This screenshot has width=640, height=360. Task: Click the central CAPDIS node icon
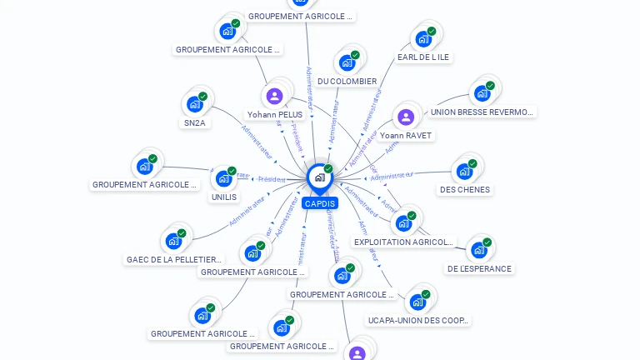[x=319, y=177]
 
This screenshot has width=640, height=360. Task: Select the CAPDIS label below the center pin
[x=319, y=203]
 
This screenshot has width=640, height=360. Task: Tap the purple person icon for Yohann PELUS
[x=275, y=95]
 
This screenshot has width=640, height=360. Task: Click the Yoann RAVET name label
[x=406, y=135]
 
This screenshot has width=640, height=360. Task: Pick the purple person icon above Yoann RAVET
[x=406, y=117]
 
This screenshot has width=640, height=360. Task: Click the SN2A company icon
[x=195, y=104]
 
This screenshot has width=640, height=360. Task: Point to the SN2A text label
[x=195, y=123]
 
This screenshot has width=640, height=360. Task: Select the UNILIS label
[x=224, y=197]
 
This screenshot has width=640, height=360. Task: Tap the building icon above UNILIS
[x=223, y=178]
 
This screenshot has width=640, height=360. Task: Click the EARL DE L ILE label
[x=423, y=57]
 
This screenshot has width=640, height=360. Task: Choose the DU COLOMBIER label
[x=347, y=82]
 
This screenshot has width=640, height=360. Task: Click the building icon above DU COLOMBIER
[x=347, y=62]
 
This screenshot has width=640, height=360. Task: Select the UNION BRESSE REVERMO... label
[x=481, y=112]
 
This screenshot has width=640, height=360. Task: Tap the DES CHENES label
[x=464, y=189]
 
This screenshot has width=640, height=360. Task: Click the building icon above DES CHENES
[x=463, y=171]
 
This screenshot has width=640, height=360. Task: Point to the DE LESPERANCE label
[x=479, y=268]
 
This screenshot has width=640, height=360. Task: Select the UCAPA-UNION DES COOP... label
[x=418, y=320]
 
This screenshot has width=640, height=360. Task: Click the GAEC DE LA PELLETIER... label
[x=174, y=259]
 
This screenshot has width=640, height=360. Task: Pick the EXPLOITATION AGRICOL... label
[x=404, y=242]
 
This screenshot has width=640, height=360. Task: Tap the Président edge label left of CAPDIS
[x=271, y=179]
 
